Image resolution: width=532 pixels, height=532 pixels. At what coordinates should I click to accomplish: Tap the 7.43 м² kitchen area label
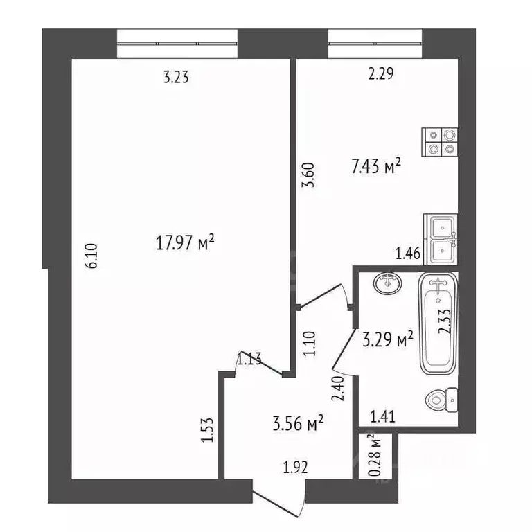pyautogui.click(x=376, y=167)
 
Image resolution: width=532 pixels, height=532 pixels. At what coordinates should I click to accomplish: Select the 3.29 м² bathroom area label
pyautogui.click(x=388, y=339)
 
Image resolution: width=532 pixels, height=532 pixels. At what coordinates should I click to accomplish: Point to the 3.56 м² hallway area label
pyautogui.click(x=297, y=423)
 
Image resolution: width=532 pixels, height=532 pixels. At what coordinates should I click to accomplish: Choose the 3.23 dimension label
pyautogui.click(x=176, y=78)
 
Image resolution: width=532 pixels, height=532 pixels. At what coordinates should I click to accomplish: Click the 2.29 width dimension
pyautogui.click(x=381, y=75)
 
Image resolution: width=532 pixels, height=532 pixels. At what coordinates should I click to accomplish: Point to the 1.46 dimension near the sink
pyautogui.click(x=408, y=254)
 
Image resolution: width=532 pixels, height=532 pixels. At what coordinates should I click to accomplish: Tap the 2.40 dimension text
pyautogui.click(x=339, y=389)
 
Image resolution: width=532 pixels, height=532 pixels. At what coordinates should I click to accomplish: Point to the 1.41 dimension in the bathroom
pyautogui.click(x=383, y=416)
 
